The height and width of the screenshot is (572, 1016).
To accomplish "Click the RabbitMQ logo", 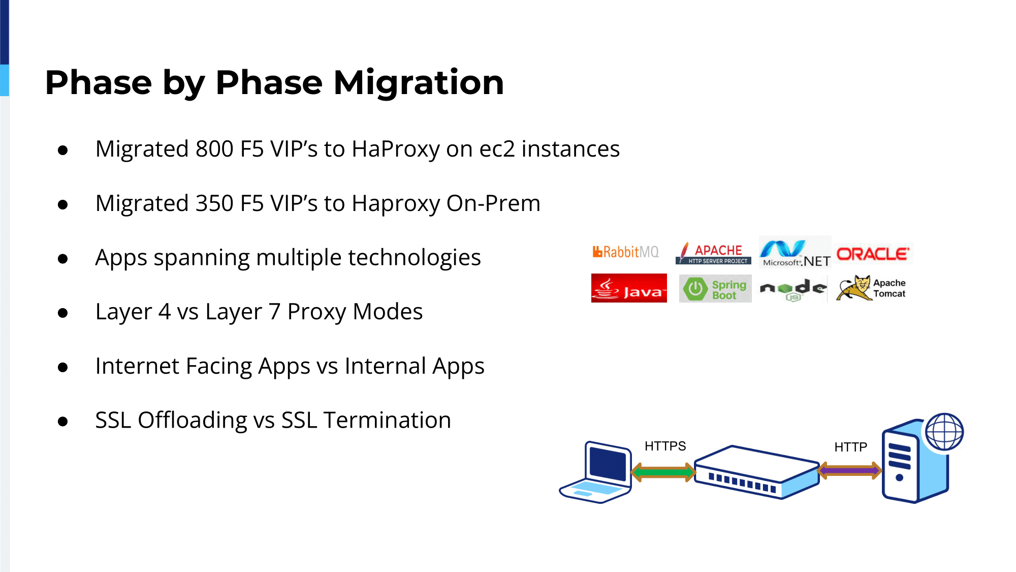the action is [625, 252].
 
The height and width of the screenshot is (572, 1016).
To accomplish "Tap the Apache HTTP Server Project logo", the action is [713, 253].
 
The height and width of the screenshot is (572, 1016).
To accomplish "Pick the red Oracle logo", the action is [873, 254].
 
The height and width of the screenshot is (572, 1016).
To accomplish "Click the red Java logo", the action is [629, 288].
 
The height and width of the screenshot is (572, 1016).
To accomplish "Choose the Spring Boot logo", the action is [715, 289].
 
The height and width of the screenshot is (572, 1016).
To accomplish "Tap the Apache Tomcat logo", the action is [871, 288].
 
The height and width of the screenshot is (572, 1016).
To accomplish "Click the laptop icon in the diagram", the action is [595, 472].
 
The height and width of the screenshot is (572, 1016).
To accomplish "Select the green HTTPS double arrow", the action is [663, 472].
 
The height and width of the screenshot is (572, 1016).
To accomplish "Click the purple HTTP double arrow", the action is [850, 471].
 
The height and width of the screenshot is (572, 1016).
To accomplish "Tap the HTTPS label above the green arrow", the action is [665, 446].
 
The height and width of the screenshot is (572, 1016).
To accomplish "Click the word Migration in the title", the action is [419, 82].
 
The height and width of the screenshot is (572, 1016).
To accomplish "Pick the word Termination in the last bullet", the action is [387, 420].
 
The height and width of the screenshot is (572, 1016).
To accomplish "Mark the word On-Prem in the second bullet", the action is [493, 203].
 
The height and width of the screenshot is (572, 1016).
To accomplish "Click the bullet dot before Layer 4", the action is [63, 313].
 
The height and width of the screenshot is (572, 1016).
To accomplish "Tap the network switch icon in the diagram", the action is [757, 472].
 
